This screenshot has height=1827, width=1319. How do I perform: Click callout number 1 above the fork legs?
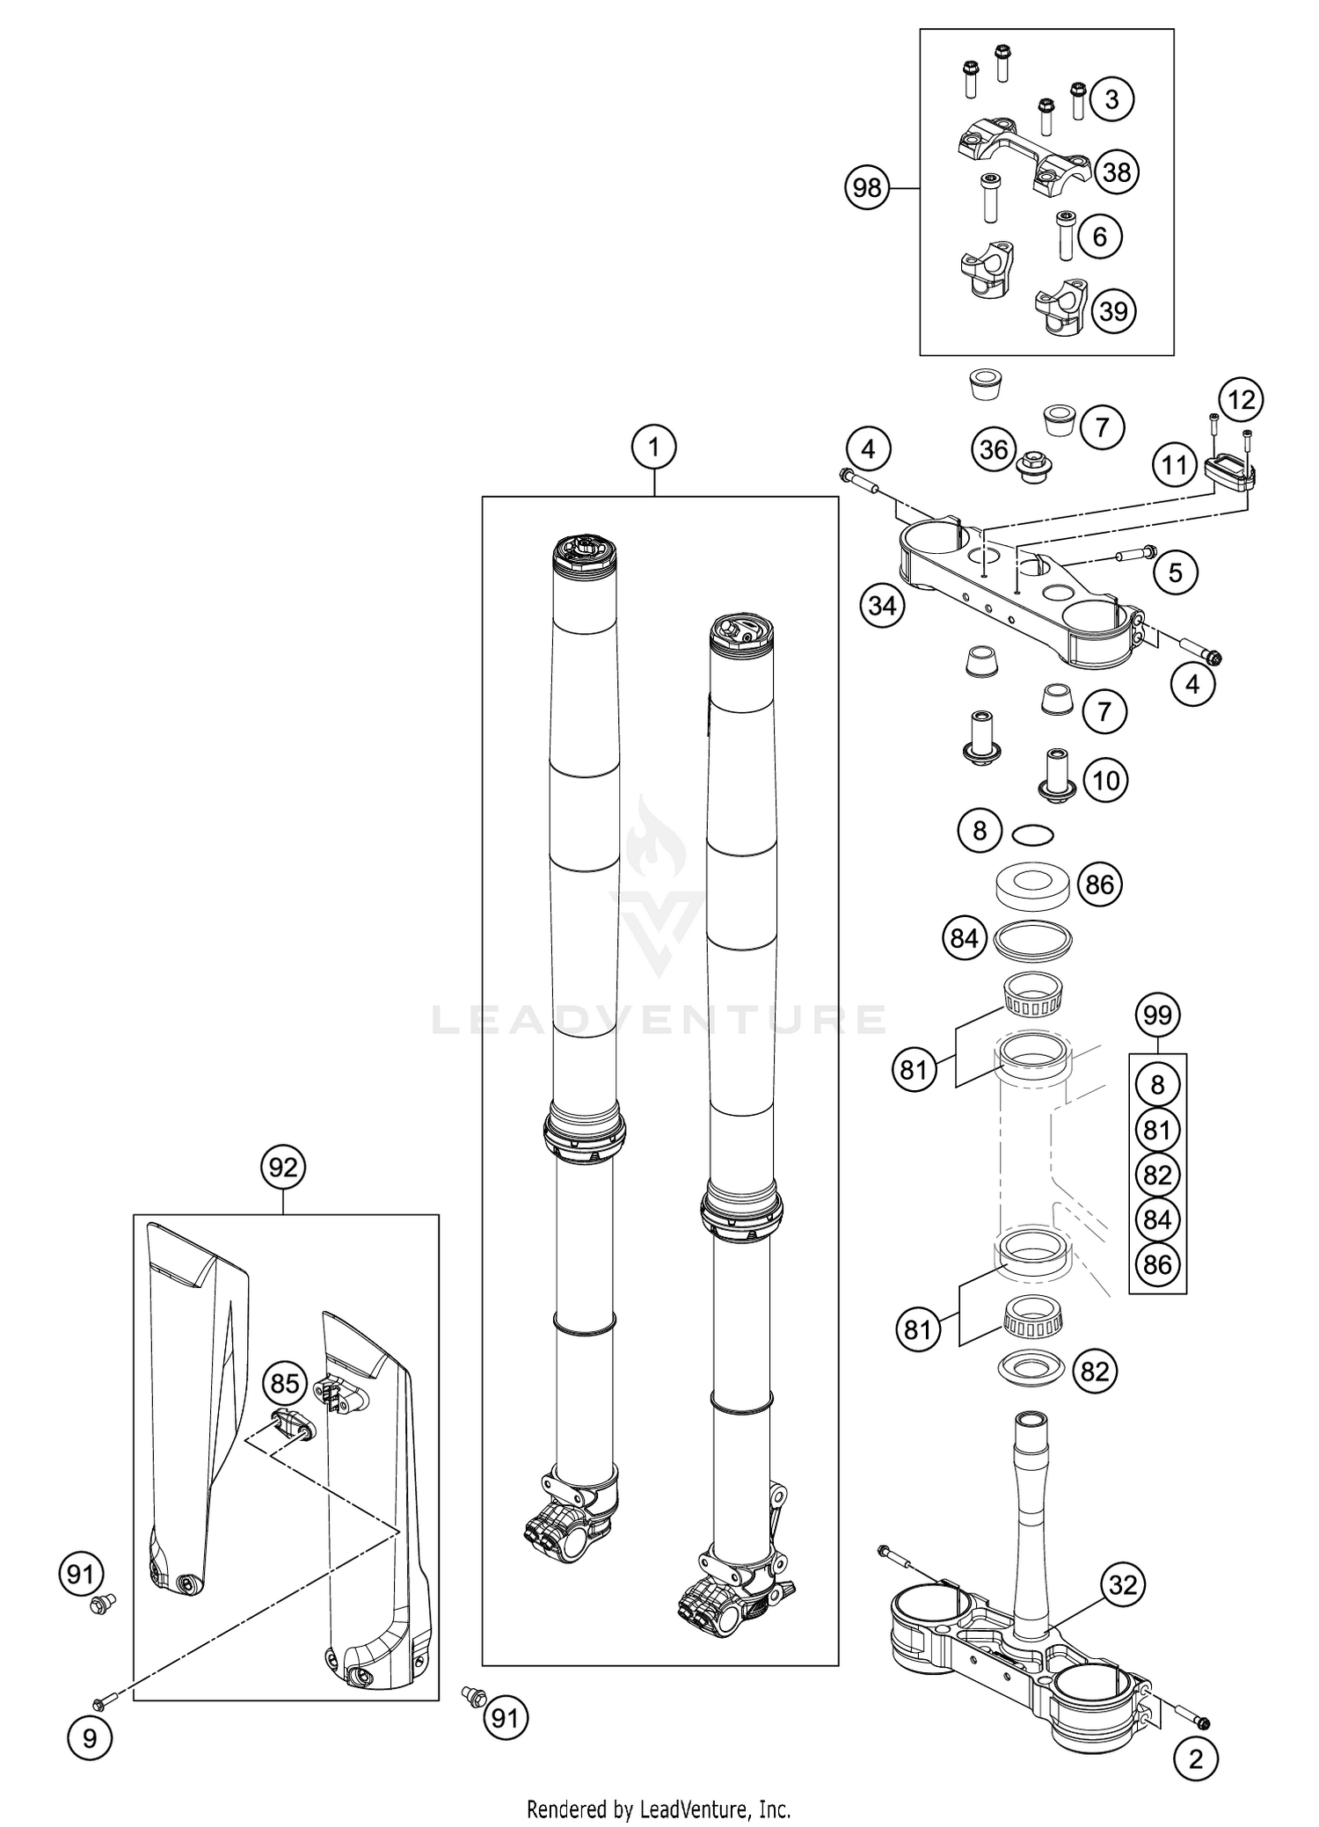tap(652, 448)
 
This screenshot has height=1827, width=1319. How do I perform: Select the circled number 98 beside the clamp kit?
tap(867, 188)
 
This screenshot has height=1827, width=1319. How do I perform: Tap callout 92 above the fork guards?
tap(283, 1168)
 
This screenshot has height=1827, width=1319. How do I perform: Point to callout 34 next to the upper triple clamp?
tap(882, 606)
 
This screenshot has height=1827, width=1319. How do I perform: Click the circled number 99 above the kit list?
tap(1157, 1015)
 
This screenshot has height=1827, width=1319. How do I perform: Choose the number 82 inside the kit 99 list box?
tap(1157, 1175)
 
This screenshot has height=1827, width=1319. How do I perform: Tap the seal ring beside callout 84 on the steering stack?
tap(1032, 941)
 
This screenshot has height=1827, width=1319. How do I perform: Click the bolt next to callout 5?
tap(1137, 554)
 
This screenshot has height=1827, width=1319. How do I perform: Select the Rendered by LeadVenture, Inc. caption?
tap(659, 1809)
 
